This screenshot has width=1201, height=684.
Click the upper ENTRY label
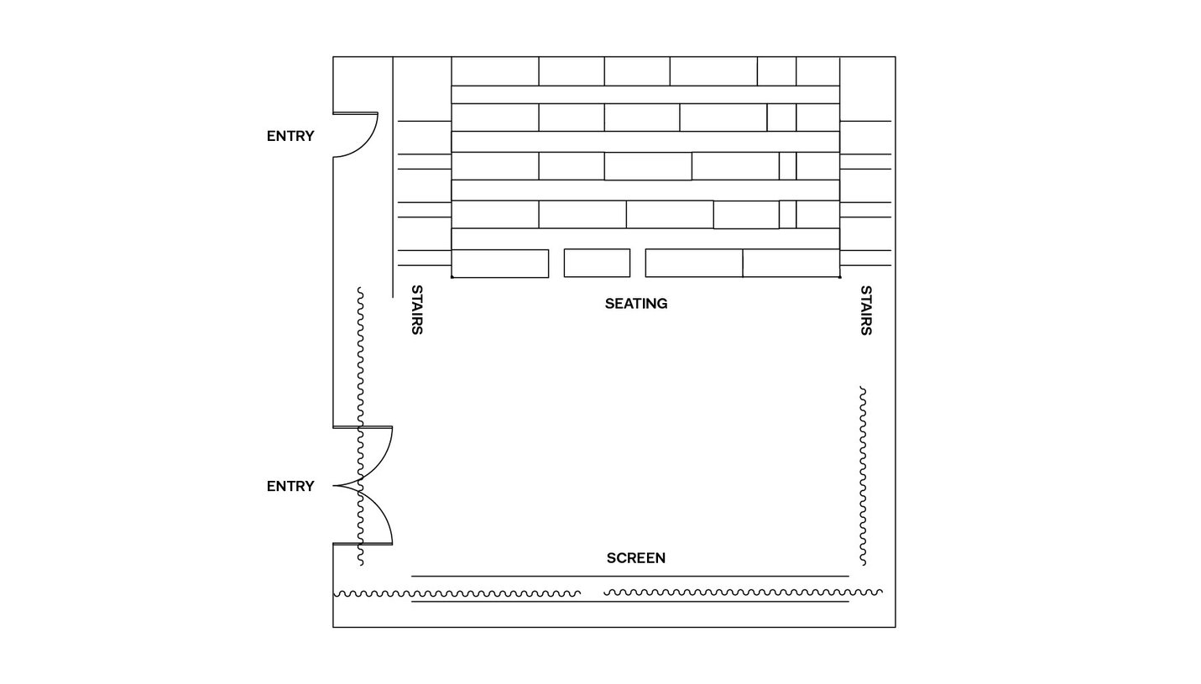pyautogui.click(x=290, y=136)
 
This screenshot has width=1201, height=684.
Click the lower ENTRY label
pyautogui.click(x=290, y=486)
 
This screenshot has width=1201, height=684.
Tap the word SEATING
pyautogui.click(x=636, y=304)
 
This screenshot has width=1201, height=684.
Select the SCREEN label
pyautogui.click(x=636, y=558)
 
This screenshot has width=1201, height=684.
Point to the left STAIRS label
pyautogui.click(x=417, y=310)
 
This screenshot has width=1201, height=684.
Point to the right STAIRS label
pyautogui.click(x=866, y=311)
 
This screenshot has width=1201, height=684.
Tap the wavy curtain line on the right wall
pyautogui.click(x=863, y=476)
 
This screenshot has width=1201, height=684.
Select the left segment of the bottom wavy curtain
pyautogui.click(x=457, y=594)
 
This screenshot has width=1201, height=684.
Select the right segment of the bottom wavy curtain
pyautogui.click(x=743, y=593)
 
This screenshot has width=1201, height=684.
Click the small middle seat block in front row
pyautogui.click(x=597, y=264)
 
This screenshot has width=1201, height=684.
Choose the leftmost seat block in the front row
pyautogui.click(x=500, y=264)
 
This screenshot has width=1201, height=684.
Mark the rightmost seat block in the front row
pyautogui.click(x=791, y=264)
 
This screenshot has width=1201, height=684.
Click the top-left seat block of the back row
pyautogui.click(x=495, y=71)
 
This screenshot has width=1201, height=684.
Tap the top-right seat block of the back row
pyautogui.click(x=817, y=71)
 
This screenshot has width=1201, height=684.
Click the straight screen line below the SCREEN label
pyautogui.click(x=630, y=577)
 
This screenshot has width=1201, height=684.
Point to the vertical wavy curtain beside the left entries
pyautogui.click(x=360, y=426)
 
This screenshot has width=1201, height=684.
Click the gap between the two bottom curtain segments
pyautogui.click(x=593, y=593)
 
